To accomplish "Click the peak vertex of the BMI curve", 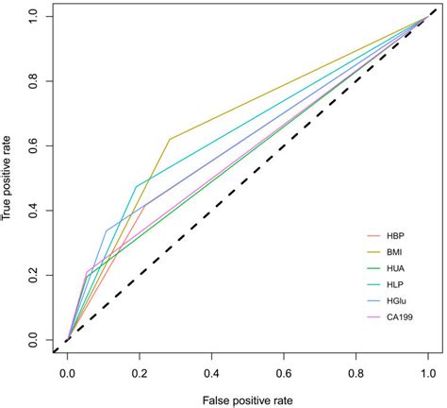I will click(x=170, y=139).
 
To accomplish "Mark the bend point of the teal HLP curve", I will click(x=137, y=186).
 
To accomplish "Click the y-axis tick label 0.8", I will click(x=35, y=81).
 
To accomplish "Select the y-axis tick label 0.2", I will click(x=35, y=275).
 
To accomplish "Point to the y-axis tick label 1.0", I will click(x=35, y=17).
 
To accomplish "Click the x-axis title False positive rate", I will click(x=247, y=399).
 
